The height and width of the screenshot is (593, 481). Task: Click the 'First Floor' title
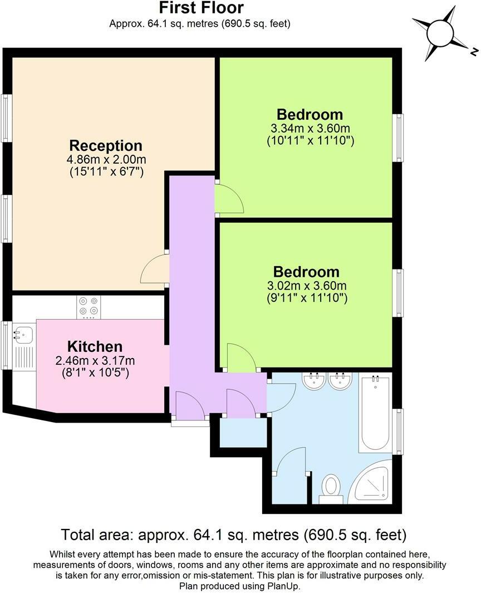point(201,8)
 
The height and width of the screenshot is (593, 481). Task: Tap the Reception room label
point(106,145)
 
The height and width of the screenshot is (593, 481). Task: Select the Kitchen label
point(95,346)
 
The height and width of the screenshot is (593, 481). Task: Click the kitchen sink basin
point(23,334)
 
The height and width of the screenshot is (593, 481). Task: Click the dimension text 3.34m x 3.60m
point(310,128)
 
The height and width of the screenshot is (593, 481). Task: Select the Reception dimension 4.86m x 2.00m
point(106,159)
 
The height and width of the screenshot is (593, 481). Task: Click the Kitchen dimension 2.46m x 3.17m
point(95,360)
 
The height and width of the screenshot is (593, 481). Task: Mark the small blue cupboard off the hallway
point(243,433)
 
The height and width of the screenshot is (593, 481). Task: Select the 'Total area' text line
point(234,535)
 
